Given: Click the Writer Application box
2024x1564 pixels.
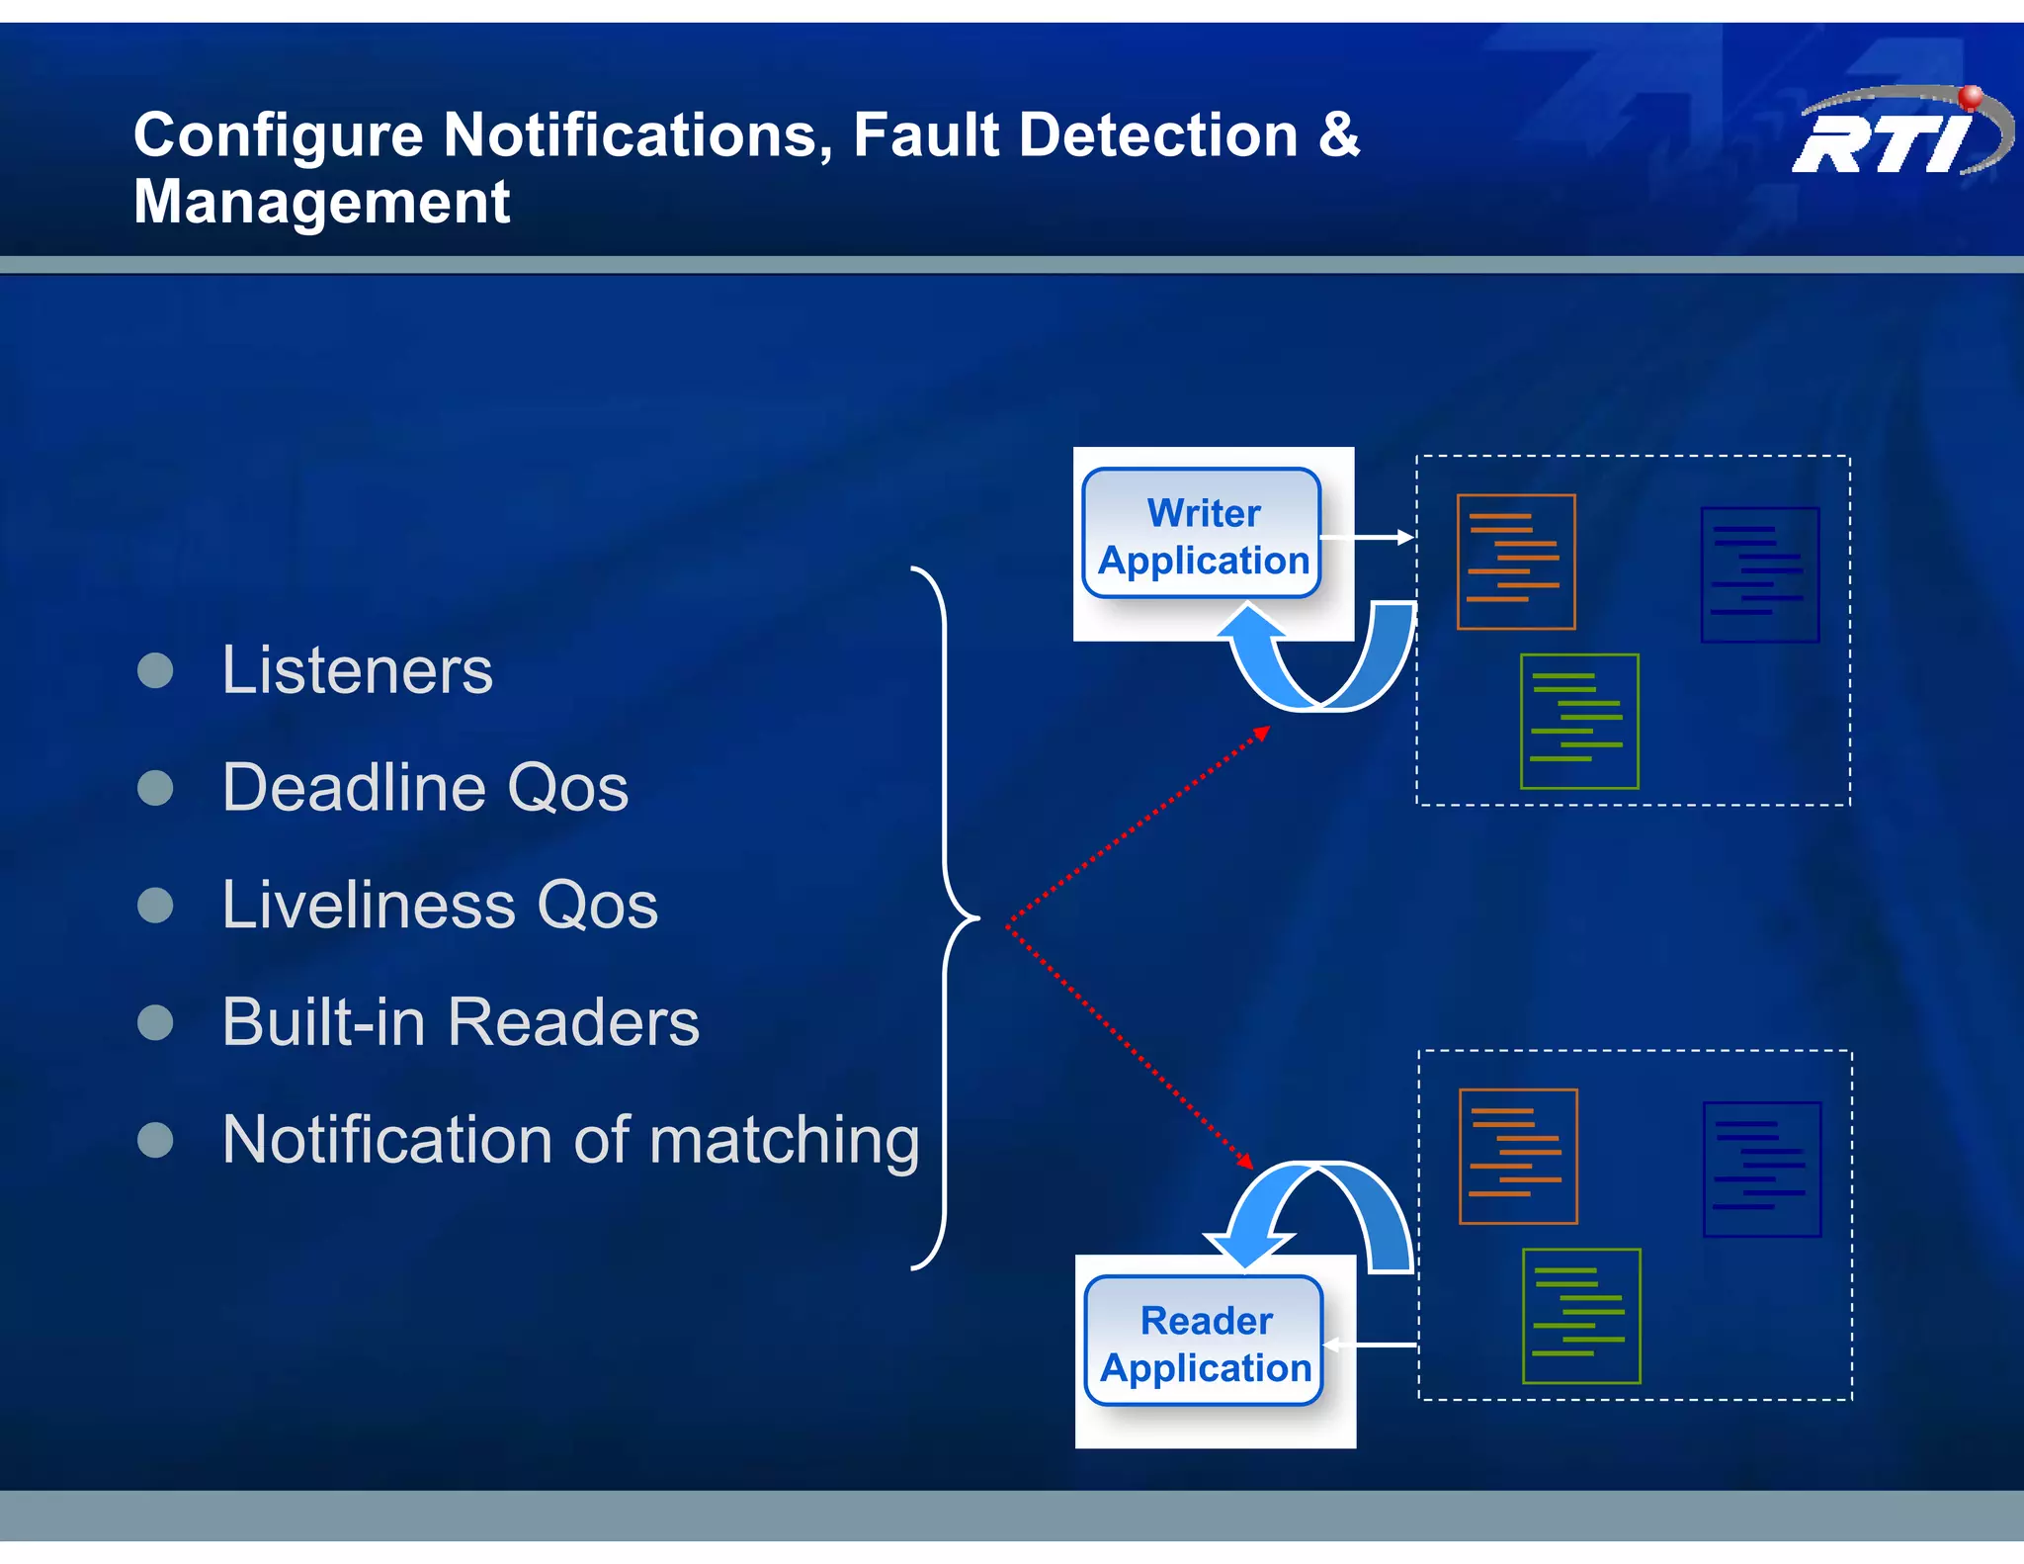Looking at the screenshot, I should pyautogui.click(x=1202, y=535).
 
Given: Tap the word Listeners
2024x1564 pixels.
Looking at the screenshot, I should pyautogui.click(x=357, y=671).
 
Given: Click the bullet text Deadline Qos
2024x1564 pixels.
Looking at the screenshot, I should pyautogui.click(x=425, y=788).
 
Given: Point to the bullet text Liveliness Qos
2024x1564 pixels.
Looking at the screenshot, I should pyautogui.click(x=440, y=906).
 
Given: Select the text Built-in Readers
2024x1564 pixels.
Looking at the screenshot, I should pyautogui.click(x=461, y=1022).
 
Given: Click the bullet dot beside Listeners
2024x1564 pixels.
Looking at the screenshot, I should pyautogui.click(x=155, y=671).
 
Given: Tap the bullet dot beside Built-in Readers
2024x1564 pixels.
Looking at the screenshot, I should pyautogui.click(x=155, y=1022).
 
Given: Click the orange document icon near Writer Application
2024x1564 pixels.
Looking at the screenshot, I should pyautogui.click(x=1515, y=562).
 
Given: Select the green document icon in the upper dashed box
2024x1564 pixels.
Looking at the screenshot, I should pyautogui.click(x=1578, y=722).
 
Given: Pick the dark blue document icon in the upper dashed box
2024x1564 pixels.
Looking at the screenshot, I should pyautogui.click(x=1759, y=574).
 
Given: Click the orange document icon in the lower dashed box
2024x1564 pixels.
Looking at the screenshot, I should pyautogui.click(x=1517, y=1157).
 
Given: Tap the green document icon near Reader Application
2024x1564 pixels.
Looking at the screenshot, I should pyautogui.click(x=1580, y=1316).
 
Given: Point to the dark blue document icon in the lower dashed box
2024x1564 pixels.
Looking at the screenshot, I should pyautogui.click(x=1761, y=1170).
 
